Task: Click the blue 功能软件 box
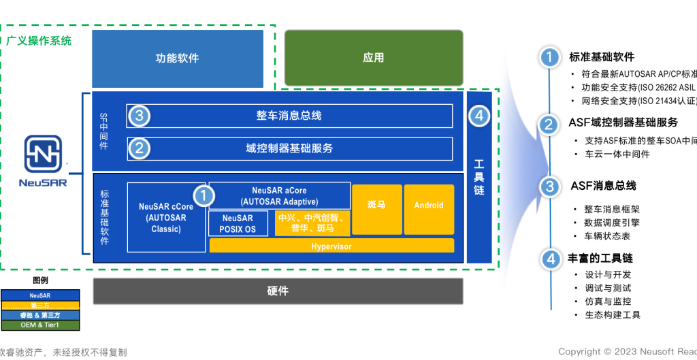click(x=177, y=58)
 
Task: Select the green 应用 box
click(x=373, y=58)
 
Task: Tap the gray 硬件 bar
click(x=278, y=291)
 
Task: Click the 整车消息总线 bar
click(x=289, y=116)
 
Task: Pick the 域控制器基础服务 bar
click(x=289, y=148)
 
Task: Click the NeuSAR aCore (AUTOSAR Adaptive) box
click(x=279, y=196)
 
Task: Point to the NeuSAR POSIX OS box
click(x=238, y=223)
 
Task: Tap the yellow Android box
click(x=429, y=206)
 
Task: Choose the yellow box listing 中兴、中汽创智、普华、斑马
click(x=312, y=223)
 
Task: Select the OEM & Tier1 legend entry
click(x=40, y=325)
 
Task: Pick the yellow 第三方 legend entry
click(x=40, y=306)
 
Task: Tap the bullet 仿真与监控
click(x=608, y=301)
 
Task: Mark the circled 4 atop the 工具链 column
click(x=479, y=116)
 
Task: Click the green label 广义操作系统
click(x=39, y=41)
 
